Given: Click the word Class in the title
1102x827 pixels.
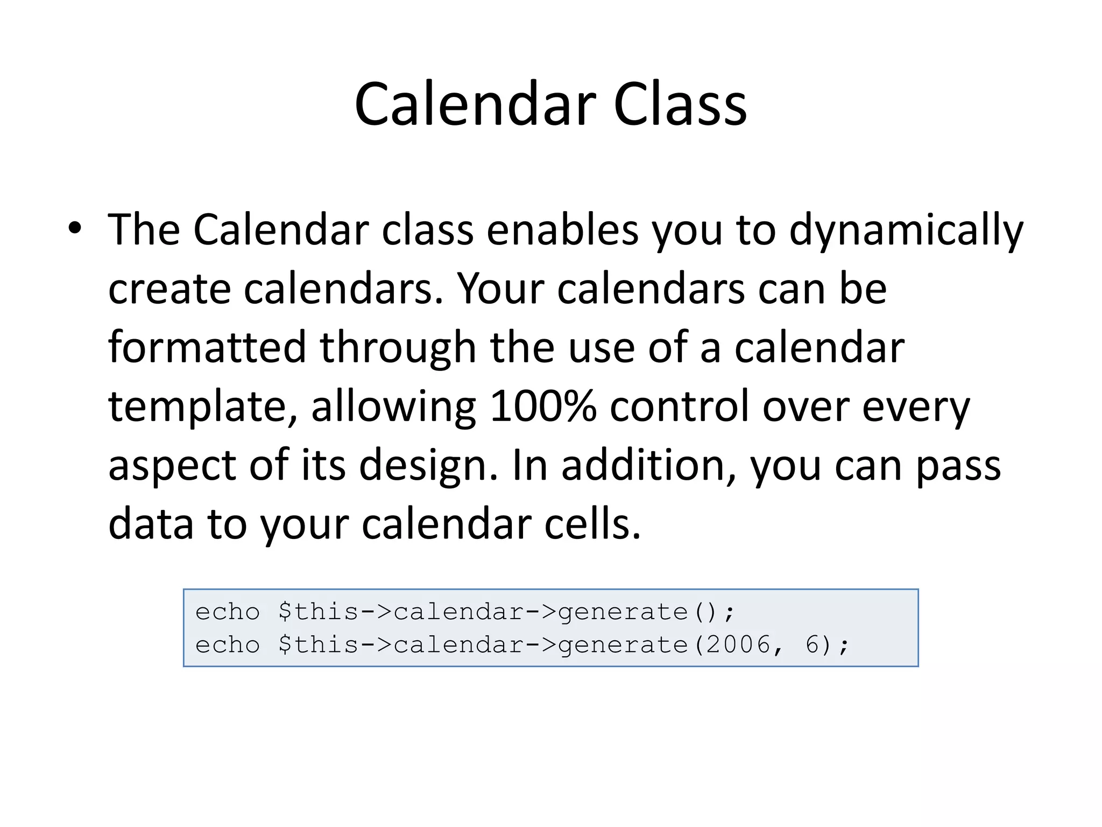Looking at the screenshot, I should (680, 104).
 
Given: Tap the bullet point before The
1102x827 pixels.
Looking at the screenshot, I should (75, 228).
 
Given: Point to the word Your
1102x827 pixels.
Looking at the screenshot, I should (501, 289).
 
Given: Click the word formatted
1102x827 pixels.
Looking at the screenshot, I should (207, 347).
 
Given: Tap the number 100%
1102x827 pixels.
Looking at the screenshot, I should (543, 406).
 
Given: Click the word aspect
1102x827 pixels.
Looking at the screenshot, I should (172, 466).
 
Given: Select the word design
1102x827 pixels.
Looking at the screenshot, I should (428, 466).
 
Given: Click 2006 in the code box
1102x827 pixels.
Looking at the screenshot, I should (739, 644).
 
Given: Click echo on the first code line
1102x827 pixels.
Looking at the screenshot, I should (227, 612).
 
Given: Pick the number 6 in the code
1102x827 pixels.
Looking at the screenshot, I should (813, 644).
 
